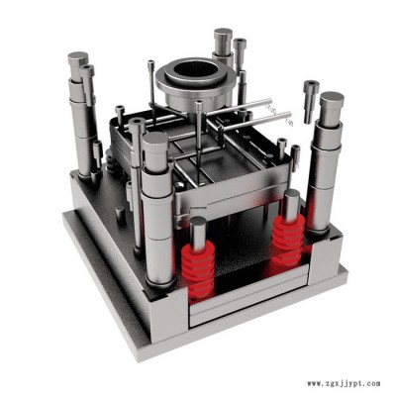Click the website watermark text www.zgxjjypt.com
tap(344, 384)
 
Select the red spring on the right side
tap(288, 240)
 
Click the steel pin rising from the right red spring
tap(292, 206)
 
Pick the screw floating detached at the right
tap(311, 101)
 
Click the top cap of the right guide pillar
tap(332, 99)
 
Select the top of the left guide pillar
tap(78, 58)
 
